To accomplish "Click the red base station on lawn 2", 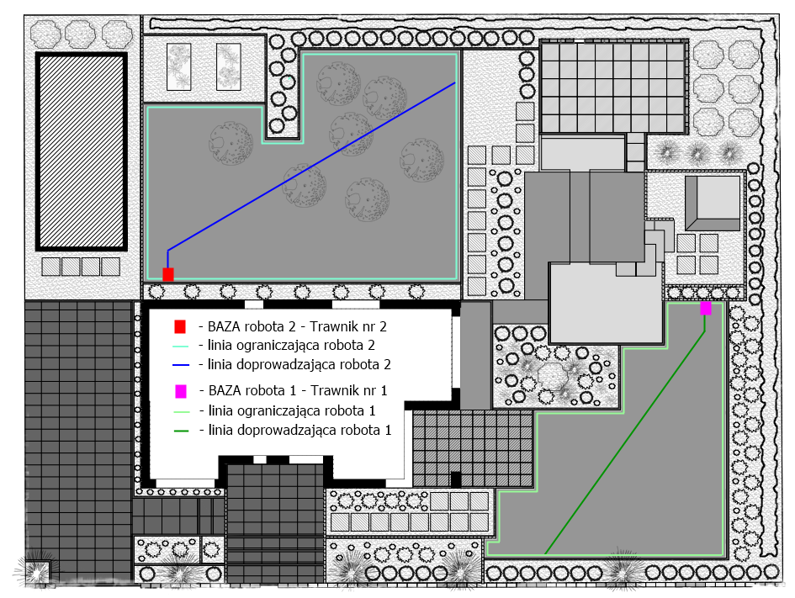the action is [167, 274].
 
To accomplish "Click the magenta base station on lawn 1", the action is [705, 308].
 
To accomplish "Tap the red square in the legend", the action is [180, 327].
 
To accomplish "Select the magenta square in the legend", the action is [181, 391].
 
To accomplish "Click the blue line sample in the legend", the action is [181, 365].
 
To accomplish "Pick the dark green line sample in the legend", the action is [181, 431].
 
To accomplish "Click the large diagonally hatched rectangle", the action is [81, 151].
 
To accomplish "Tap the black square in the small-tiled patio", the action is [456, 479].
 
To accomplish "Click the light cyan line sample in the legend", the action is [181, 347].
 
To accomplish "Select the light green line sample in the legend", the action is [181, 411].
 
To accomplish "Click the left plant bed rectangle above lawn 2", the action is [179, 67].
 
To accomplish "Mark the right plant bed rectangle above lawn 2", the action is [229, 67].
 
